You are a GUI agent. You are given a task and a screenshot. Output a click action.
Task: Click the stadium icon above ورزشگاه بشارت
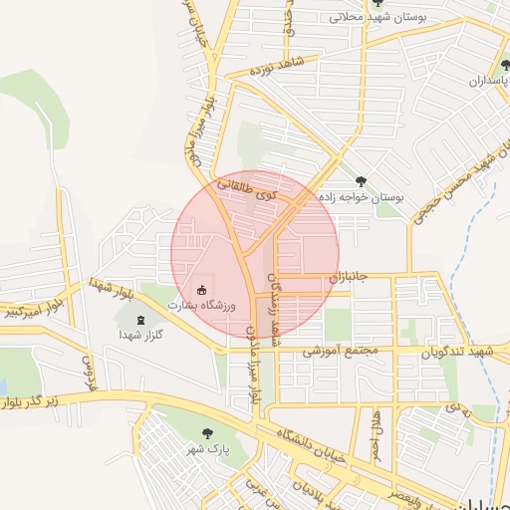coord(202,290)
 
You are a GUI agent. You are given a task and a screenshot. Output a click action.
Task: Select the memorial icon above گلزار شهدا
coord(139,321)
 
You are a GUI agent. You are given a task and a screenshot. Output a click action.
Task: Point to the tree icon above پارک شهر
coord(207,433)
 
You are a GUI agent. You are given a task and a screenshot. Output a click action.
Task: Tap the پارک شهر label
coord(207,449)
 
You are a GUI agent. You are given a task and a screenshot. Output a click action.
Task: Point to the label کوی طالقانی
coord(246,190)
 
